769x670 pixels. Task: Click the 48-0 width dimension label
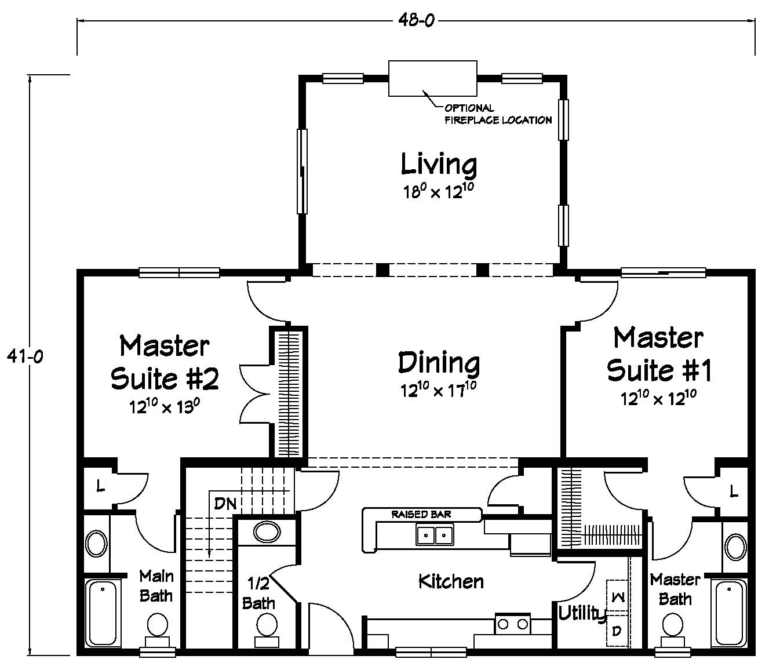click(x=416, y=20)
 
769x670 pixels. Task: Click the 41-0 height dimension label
click(x=25, y=356)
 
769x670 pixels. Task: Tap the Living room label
click(x=439, y=164)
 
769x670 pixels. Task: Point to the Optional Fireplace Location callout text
click(x=498, y=114)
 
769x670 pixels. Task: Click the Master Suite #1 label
click(x=659, y=354)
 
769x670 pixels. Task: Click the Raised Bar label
click(x=421, y=514)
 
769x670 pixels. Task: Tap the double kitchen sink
click(x=435, y=536)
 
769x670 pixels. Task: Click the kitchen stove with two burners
click(x=513, y=624)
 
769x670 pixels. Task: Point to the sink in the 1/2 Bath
click(x=267, y=533)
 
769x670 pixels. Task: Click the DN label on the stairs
click(x=225, y=504)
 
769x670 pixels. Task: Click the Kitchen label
click(x=451, y=582)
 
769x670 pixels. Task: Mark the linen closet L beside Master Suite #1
click(x=733, y=491)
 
